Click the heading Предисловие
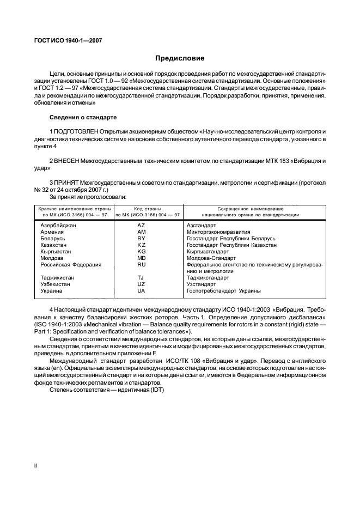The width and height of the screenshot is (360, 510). click(x=180, y=58)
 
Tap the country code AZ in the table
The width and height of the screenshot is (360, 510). click(x=141, y=225)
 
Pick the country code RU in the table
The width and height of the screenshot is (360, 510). click(x=141, y=264)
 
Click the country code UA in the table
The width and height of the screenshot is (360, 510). click(x=141, y=290)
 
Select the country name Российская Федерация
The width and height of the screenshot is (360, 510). click(x=71, y=264)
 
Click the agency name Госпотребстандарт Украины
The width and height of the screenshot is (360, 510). click(x=223, y=290)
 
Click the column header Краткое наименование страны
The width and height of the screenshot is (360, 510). click(x=75, y=209)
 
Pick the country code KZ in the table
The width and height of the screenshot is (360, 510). click(x=141, y=245)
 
